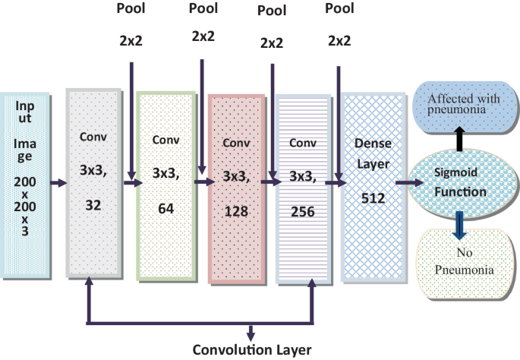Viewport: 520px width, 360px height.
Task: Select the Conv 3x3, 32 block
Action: (x=93, y=182)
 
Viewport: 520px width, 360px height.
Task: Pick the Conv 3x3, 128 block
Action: (x=236, y=186)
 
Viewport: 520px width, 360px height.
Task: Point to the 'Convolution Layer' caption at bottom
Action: (x=252, y=350)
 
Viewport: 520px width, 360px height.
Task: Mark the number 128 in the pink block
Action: (x=236, y=213)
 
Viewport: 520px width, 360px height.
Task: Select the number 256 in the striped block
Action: (x=303, y=213)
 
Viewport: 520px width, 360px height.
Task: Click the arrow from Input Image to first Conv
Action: (x=57, y=182)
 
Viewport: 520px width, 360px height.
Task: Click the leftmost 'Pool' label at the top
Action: (x=133, y=11)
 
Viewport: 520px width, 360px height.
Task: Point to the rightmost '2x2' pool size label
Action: (x=339, y=42)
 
